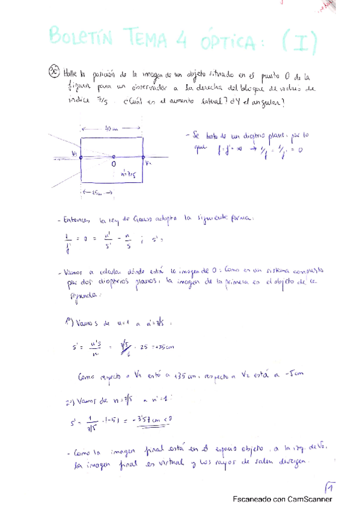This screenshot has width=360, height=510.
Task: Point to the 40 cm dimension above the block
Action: point(111,127)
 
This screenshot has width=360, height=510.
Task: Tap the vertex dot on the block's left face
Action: point(81,156)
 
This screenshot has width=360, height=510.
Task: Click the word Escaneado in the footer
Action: point(253,499)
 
